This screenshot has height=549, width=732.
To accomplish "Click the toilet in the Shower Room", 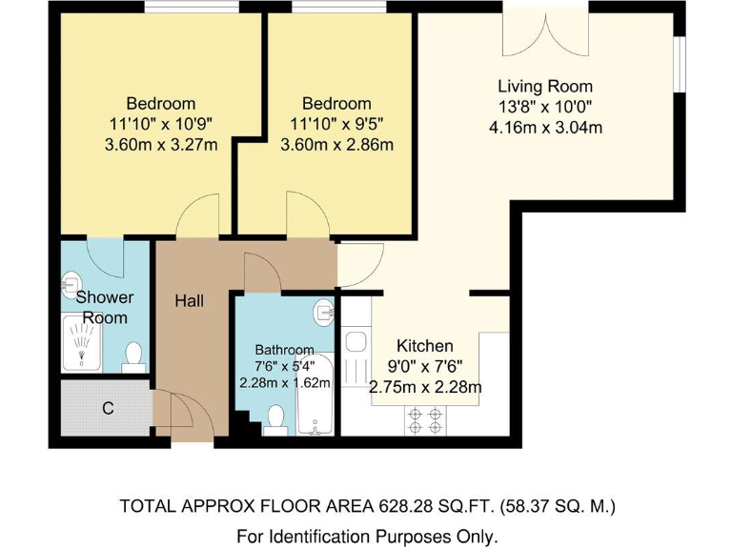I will click(x=133, y=356).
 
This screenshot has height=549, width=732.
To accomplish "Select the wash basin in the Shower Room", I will click(x=70, y=283).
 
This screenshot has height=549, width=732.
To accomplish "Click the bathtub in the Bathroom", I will click(x=314, y=396).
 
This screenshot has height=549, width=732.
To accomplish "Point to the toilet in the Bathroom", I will click(x=276, y=418).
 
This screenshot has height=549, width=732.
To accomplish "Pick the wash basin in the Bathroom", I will click(x=324, y=309).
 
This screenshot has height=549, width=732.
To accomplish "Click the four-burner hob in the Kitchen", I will click(x=424, y=419).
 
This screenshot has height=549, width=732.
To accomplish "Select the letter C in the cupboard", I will click(x=108, y=409).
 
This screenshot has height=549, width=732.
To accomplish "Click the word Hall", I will click(x=189, y=301).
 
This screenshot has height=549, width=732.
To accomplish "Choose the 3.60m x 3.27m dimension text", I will click(x=161, y=145).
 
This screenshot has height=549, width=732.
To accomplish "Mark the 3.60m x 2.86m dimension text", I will click(x=336, y=145).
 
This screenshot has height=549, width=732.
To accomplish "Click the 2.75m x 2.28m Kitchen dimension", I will click(x=425, y=387).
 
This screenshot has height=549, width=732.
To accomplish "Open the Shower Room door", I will click(x=105, y=255).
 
